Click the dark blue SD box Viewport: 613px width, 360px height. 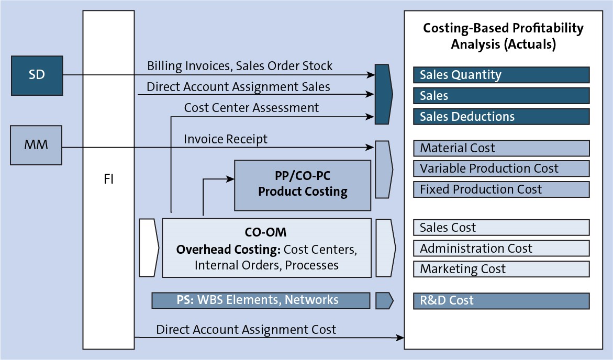click(x=37, y=75)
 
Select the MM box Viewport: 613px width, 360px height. click(x=36, y=145)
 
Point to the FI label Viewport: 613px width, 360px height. click(x=109, y=179)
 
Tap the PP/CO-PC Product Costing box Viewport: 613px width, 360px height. click(x=303, y=185)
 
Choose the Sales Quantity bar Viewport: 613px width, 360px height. click(x=501, y=75)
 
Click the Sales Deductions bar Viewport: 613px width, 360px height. click(x=501, y=117)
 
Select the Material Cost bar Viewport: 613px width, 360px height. click(x=501, y=148)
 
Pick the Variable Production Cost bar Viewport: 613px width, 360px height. click(x=501, y=168)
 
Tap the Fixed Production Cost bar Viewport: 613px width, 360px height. click(x=501, y=189)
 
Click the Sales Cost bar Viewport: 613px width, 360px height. click(x=501, y=228)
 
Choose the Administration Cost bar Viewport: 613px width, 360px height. click(x=501, y=248)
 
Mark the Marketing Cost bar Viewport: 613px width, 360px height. click(x=501, y=269)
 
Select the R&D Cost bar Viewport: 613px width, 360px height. click(x=501, y=300)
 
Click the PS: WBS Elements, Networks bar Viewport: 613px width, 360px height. click(x=261, y=300)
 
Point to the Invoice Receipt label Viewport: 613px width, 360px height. click(x=226, y=140)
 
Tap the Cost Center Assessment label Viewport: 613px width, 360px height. click(x=251, y=107)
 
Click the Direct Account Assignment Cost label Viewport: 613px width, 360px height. click(x=246, y=330)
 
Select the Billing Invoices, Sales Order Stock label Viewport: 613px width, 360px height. click(x=240, y=66)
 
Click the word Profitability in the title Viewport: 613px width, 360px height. click(x=548, y=28)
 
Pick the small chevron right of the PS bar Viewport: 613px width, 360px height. click(x=384, y=300)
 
